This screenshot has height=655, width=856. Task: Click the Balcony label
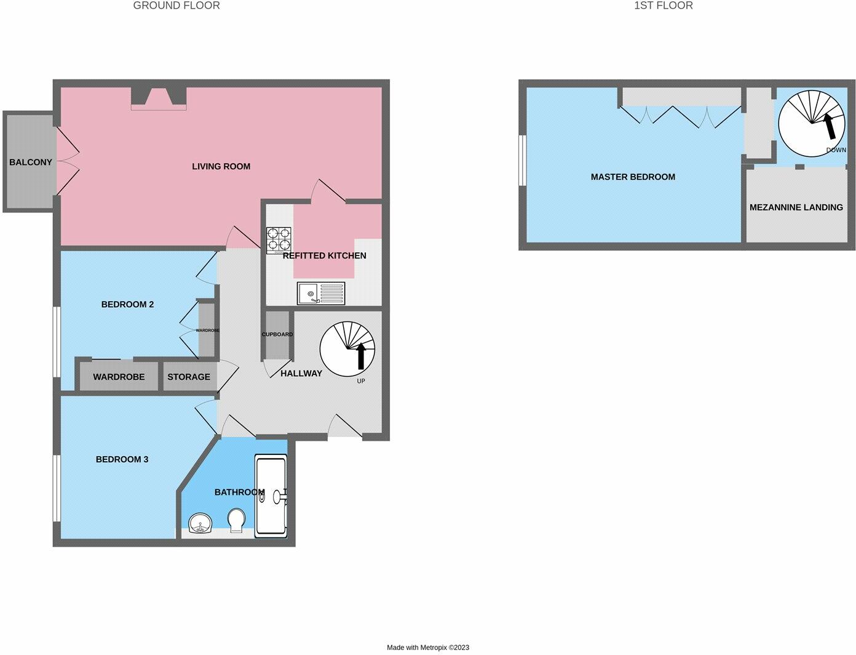(30, 162)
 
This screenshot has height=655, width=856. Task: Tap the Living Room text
(221, 166)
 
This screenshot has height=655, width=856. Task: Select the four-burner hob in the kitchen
(279, 240)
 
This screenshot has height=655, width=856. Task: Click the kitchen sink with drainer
(321, 293)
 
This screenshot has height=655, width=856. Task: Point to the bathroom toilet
(236, 521)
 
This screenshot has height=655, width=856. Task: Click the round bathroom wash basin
(200, 524)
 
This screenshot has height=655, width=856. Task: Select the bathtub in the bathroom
(271, 496)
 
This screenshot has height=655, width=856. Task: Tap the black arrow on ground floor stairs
(361, 355)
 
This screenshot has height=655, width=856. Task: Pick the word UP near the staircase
(361, 381)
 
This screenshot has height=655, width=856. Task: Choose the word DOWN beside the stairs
(836, 150)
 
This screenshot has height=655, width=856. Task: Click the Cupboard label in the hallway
(277, 334)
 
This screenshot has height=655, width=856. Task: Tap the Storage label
(189, 377)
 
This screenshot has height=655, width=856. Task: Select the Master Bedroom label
(633, 177)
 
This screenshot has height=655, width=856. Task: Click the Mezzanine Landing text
(796, 207)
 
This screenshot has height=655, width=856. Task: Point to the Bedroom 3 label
(122, 459)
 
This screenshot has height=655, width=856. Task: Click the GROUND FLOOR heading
(176, 6)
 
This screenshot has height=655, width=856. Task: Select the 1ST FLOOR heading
(663, 6)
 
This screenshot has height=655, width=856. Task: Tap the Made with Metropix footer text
(427, 647)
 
